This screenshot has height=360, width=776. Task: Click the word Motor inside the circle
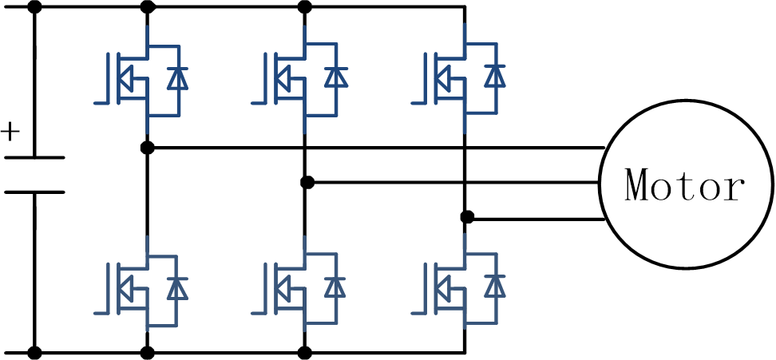click(686, 185)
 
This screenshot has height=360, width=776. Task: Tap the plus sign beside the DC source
click(10, 130)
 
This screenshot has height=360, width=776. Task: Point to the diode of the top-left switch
click(176, 77)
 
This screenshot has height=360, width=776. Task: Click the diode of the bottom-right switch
click(496, 286)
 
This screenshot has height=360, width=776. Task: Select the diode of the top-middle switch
click(335, 77)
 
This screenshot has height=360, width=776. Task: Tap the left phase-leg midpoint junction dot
click(147, 148)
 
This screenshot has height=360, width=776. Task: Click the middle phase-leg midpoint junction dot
click(307, 183)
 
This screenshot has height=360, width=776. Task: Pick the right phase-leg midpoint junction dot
click(468, 217)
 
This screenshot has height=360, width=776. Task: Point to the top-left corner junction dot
click(34, 8)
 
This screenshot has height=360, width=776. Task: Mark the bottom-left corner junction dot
click(34, 351)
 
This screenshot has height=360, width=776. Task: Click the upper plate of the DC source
click(34, 157)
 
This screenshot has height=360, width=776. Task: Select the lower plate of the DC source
click(34, 192)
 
